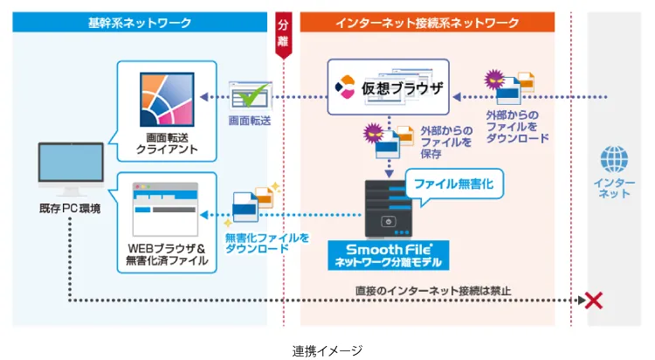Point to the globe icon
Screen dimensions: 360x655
pos(614,161)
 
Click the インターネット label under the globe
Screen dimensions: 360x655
pos(614,187)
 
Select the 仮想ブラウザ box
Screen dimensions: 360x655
pos(388,87)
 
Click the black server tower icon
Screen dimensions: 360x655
pos(385,206)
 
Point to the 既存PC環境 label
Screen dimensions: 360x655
pos(70,211)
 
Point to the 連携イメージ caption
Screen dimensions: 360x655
pos(327,350)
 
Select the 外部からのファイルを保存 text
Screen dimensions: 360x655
pos(446,141)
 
